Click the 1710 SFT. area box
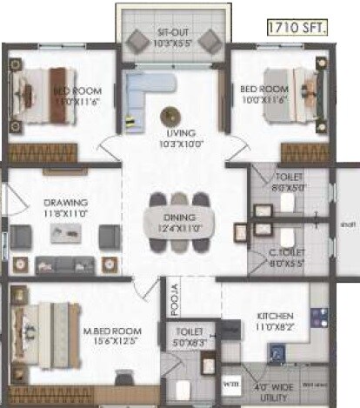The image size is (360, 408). tap(298, 30)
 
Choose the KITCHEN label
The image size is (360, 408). tap(275, 314)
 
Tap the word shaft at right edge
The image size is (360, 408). tap(346, 224)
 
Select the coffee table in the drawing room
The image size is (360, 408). tap(66, 231)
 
